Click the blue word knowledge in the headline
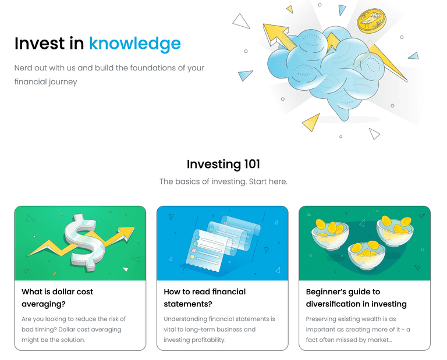pos(134,44)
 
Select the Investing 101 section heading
pos(223,165)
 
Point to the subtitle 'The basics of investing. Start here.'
pos(223,181)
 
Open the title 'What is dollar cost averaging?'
pos(57,297)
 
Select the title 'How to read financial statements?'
pos(205,297)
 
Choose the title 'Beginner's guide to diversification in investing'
pos(356,297)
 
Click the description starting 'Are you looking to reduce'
pos(73,329)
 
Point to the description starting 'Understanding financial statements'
pos(219,329)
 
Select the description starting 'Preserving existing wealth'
pos(359,329)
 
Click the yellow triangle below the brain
pos(311,122)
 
